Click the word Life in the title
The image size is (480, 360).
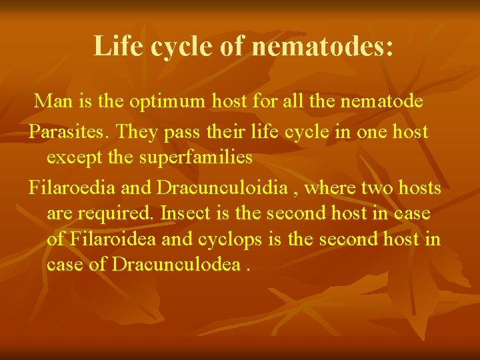click(x=115, y=45)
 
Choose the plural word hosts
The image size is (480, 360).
click(x=420, y=189)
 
